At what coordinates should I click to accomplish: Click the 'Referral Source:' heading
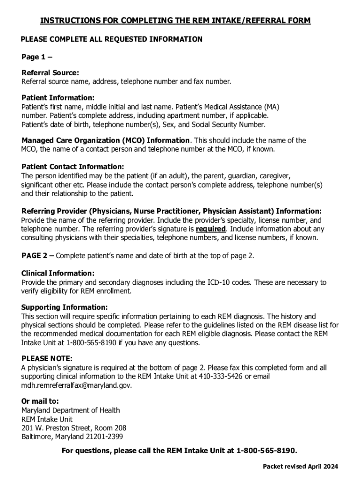[50, 73]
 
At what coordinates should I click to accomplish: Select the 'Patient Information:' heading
[58, 98]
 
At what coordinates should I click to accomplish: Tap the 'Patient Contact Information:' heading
[73, 167]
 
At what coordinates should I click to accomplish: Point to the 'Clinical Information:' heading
[58, 273]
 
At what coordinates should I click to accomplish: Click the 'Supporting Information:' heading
[65, 307]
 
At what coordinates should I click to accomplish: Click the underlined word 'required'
[211, 229]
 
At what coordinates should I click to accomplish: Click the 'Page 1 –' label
[37, 57]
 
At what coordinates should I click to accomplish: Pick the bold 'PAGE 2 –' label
[37, 255]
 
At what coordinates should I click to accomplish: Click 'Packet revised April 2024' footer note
[300, 466]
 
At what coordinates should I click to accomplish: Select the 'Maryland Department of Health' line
[71, 410]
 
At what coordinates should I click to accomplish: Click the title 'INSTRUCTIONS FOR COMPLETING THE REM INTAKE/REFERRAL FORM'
[175, 21]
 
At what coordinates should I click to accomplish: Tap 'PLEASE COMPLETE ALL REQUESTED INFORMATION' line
[112, 39]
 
